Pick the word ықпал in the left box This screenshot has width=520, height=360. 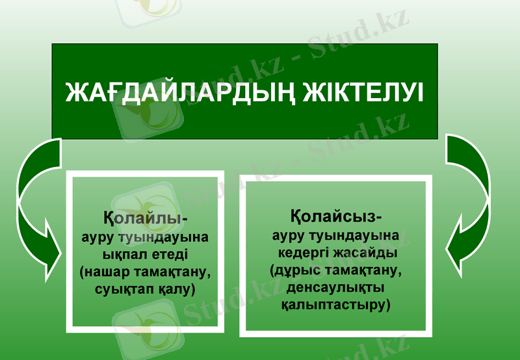[125, 253]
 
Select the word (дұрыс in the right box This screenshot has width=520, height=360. [291, 269]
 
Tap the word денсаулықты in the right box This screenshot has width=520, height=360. [335, 287]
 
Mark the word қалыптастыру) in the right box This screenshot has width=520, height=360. [335, 304]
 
